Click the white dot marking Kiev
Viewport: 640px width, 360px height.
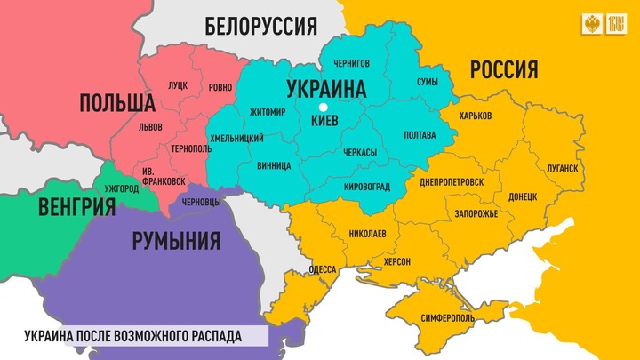tap(324, 108)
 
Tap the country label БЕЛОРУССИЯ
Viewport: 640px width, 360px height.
tap(261, 26)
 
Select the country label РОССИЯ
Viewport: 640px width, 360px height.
tap(504, 68)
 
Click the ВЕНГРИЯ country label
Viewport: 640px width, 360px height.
tap(77, 208)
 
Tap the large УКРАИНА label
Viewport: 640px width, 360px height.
tap(326, 88)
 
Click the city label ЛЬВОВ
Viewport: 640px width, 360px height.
tap(151, 127)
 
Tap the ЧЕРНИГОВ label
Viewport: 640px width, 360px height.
tap(352, 62)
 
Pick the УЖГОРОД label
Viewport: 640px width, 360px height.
tap(122, 189)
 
